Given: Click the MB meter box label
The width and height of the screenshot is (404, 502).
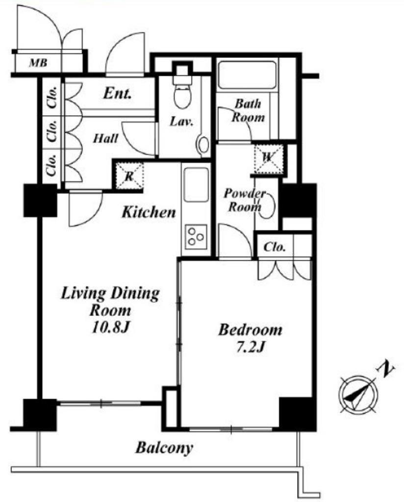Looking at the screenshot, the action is pos(38,63).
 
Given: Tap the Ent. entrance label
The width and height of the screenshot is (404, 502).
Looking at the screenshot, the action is pos(117,94).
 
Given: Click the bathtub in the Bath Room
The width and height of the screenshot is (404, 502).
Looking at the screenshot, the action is pos(247,75).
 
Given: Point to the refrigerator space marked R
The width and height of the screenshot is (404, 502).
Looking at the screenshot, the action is pos(129,176).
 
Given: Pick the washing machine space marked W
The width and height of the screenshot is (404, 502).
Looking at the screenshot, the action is pos(268,159).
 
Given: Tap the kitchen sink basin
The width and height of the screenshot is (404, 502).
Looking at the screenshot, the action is pos(196,184).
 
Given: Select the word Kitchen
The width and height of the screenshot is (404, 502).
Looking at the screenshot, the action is pos(149,212).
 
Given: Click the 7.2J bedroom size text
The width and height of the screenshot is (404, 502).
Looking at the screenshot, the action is pos(250,347).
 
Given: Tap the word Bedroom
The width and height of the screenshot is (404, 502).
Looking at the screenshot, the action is pos(250,330).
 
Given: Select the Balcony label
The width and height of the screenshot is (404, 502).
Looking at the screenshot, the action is pos(164,448).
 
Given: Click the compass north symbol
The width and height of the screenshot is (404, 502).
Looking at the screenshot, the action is pos(358,394).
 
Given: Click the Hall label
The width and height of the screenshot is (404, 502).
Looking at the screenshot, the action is pos(105,139).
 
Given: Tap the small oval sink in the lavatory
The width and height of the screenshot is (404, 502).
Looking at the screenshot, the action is pos(203,145).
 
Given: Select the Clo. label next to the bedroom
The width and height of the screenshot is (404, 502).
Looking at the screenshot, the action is pos(275,247).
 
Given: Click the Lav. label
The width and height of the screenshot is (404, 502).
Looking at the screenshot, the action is pos(181,122).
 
